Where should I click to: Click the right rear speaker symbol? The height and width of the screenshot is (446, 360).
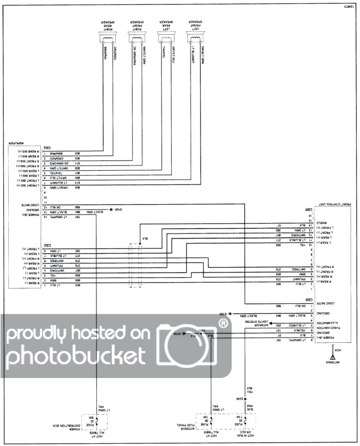click(109, 38)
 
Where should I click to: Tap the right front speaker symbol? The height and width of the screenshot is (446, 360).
click(138, 38)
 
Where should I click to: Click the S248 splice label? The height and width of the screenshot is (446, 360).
click(240, 400)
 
